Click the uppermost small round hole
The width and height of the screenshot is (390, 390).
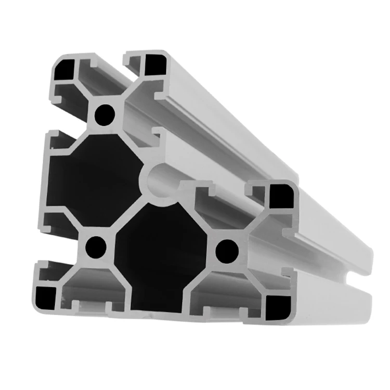pos(106,113)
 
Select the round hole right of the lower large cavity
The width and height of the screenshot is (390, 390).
pos(226,250)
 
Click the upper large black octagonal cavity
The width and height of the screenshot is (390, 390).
pos(94,179)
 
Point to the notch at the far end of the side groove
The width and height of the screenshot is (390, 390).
pos(359,273)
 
